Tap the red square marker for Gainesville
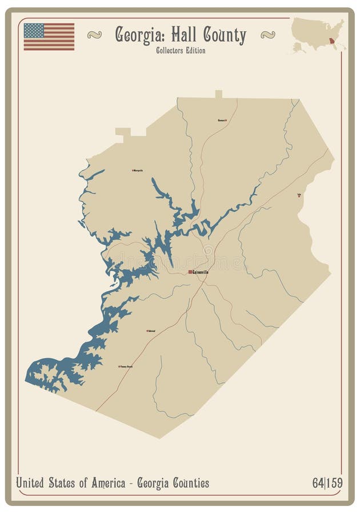[190, 272]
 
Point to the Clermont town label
[221, 120]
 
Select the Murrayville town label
[138, 170]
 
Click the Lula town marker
[299, 196]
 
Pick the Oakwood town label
[151, 331]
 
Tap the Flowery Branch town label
[126, 366]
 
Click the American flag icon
[49, 37]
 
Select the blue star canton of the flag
[34, 30]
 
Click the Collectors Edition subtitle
[180, 50]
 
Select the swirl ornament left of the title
[94, 35]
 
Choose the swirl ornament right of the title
[267, 35]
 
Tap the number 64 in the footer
[318, 483]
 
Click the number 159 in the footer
[335, 483]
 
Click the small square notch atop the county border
[218, 94]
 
